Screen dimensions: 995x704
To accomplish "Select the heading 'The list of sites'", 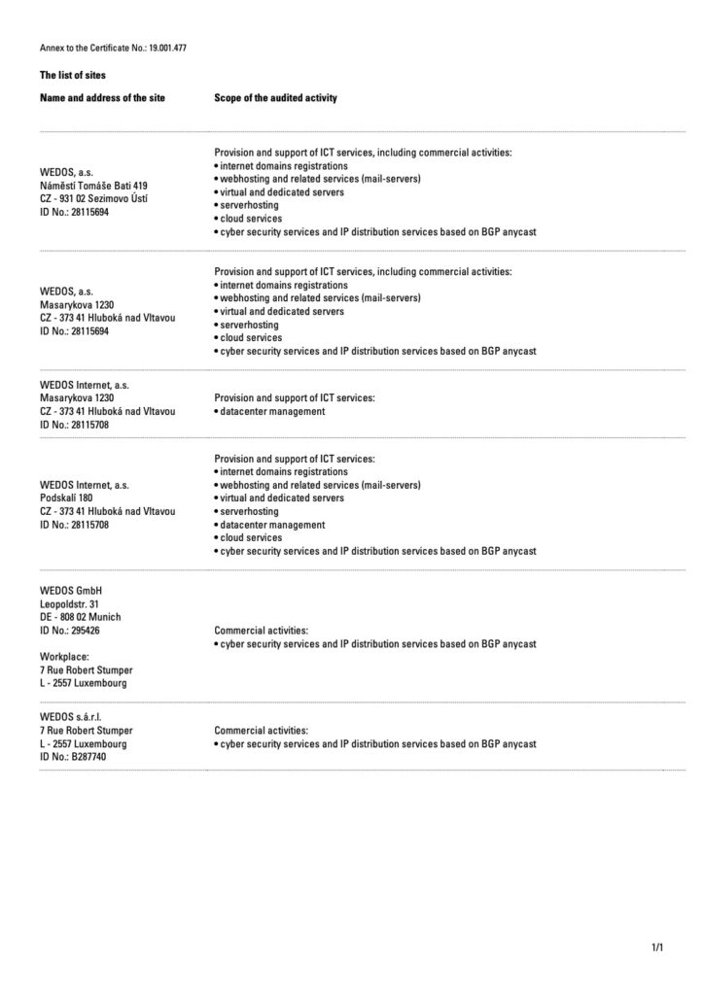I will tap(73, 75).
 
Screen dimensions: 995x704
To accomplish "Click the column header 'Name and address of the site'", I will tap(102, 98).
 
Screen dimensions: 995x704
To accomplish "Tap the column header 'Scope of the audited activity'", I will tap(275, 98).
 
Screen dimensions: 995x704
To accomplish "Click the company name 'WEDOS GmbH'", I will tap(71, 590).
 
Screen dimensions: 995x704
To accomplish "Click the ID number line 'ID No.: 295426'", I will tap(70, 631).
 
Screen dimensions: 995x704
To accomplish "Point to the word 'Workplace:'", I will tap(64, 656).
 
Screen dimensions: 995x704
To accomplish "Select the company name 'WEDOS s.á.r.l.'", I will tap(72, 716).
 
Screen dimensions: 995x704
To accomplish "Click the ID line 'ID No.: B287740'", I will tap(73, 756).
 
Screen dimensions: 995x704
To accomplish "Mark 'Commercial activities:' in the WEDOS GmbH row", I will tap(261, 631).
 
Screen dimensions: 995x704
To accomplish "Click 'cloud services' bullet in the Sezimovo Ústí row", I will tap(251, 219).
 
